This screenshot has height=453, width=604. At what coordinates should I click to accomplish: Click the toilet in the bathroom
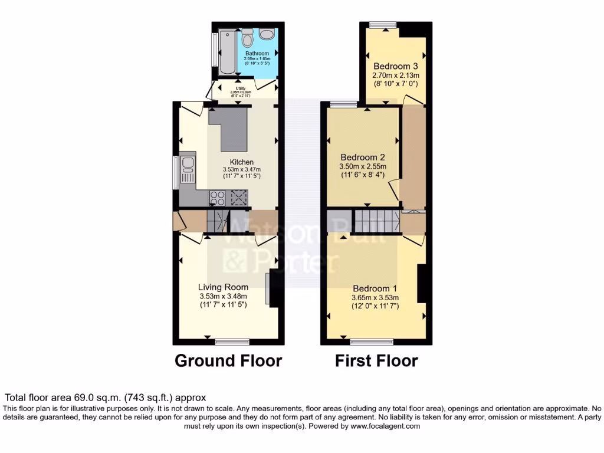pyautogui.click(x=248, y=38)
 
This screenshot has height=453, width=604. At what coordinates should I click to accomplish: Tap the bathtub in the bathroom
pyautogui.click(x=226, y=51)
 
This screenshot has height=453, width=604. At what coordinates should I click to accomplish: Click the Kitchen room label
pyautogui.click(x=242, y=162)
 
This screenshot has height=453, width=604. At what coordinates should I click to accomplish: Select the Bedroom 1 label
pyautogui.click(x=375, y=289)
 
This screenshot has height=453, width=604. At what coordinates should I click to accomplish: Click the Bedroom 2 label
pyautogui.click(x=363, y=157)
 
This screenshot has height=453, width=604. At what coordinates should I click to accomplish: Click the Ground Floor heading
pyautogui.click(x=228, y=360)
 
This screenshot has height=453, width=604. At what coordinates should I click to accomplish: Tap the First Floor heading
pyautogui.click(x=376, y=360)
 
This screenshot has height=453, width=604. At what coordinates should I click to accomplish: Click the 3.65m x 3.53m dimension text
pyautogui.click(x=375, y=298)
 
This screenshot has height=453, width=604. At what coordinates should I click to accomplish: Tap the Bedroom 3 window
pyautogui.click(x=383, y=25)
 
